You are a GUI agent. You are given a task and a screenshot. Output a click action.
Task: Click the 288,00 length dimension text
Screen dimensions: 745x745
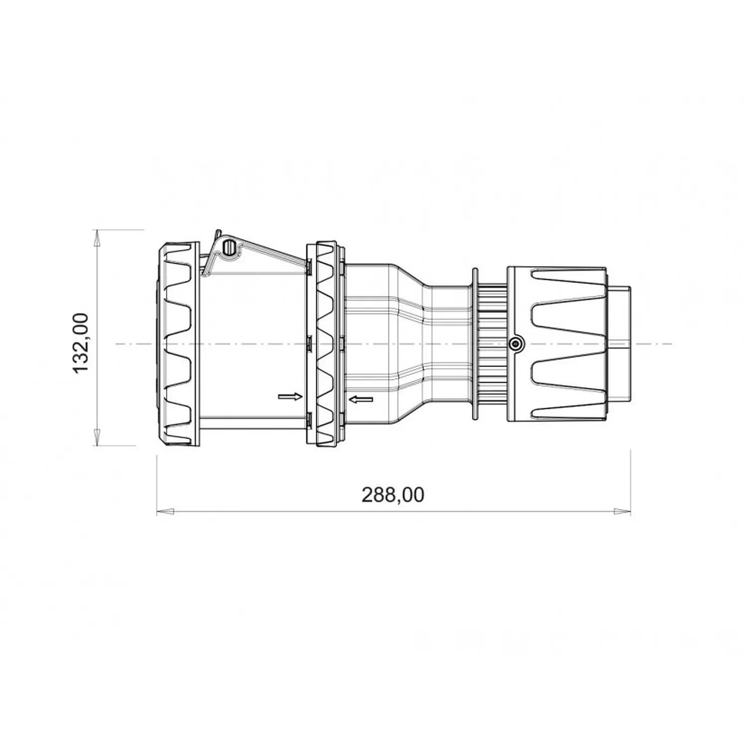pyautogui.click(x=393, y=495)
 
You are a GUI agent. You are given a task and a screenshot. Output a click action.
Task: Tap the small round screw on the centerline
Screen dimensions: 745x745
pyautogui.click(x=516, y=343)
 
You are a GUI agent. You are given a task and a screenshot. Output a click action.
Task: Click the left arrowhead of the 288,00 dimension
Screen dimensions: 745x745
pyautogui.click(x=165, y=511)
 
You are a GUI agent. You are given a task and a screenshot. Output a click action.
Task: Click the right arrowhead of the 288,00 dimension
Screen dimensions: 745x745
pyautogui.click(x=622, y=511)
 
